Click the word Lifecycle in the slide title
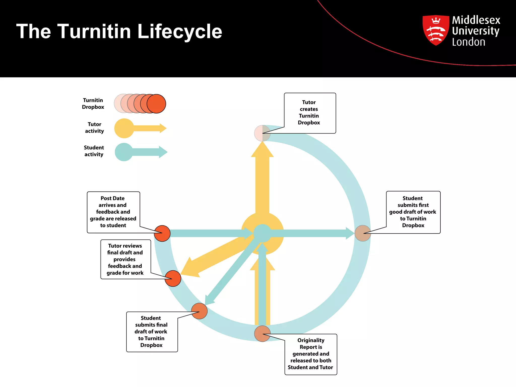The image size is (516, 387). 180,31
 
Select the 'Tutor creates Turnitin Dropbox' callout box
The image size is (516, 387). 310,113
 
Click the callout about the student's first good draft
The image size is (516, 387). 413,212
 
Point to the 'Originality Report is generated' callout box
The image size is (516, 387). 311,354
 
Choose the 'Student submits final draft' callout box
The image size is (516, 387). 152,332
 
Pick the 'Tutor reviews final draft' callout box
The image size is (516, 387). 125,259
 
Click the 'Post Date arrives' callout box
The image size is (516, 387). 113,212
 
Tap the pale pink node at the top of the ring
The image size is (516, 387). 262,133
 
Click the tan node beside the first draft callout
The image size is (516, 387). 363,233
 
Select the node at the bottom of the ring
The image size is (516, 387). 262,334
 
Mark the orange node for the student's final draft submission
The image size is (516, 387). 199,311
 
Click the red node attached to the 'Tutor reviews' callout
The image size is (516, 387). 173,278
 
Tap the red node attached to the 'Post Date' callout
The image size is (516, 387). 162,233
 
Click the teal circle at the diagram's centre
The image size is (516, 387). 262,233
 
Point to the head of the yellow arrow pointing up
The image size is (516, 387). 262,150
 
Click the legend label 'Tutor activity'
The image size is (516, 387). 94,128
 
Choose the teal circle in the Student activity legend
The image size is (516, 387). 124,152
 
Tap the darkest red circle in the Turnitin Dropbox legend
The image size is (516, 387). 156,104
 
